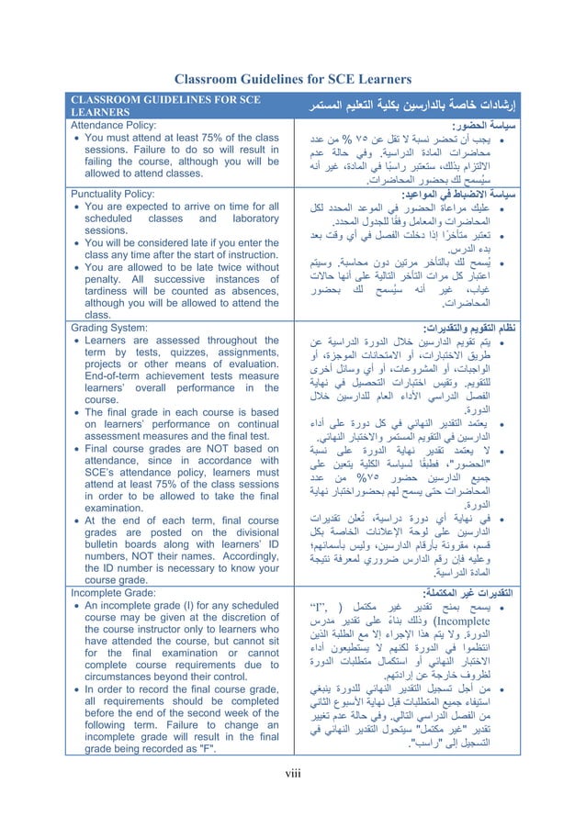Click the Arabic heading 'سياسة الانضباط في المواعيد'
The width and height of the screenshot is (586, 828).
coord(456,195)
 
